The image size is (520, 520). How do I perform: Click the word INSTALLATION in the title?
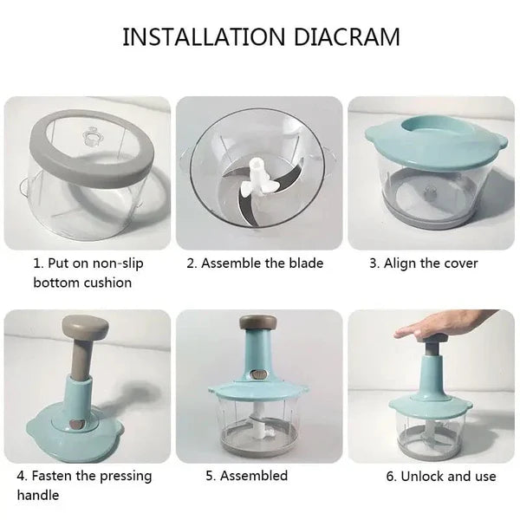[x=204, y=36]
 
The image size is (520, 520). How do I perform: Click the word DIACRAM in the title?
[x=347, y=36]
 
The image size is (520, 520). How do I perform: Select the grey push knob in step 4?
[x=86, y=327]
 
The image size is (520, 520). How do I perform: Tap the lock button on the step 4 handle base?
[x=77, y=425]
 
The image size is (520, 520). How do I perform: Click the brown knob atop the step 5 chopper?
[x=258, y=322]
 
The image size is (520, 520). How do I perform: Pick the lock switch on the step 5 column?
[x=258, y=375]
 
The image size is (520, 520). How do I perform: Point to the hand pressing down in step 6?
[x=438, y=327]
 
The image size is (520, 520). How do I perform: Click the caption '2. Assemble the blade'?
[x=255, y=263]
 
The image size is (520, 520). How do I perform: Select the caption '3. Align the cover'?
[x=424, y=263]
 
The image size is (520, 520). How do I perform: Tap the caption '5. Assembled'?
[x=246, y=476]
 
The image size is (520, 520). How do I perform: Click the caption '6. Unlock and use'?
[x=441, y=476]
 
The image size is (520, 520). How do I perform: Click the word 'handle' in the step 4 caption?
[x=38, y=495]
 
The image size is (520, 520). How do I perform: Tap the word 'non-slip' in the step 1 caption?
[x=118, y=263]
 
